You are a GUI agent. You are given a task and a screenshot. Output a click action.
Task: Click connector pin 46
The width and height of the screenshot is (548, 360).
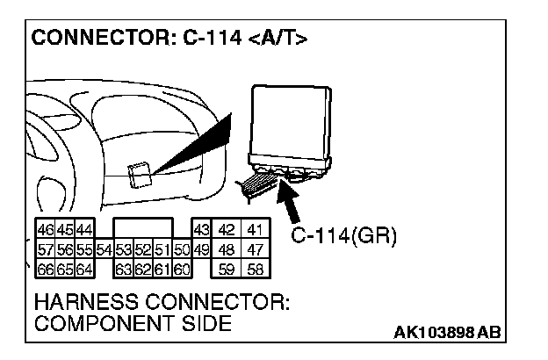[x=43, y=229]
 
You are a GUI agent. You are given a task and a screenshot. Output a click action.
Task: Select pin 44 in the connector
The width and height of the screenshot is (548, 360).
[x=85, y=229]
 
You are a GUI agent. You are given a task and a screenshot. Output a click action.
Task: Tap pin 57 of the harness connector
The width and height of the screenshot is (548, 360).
[x=43, y=249]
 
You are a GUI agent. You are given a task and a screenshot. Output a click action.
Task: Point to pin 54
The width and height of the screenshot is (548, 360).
[x=105, y=249]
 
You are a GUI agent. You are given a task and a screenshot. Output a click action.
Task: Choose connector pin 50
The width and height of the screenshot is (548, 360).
[x=182, y=249]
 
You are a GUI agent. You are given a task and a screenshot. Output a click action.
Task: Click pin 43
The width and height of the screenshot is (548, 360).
[x=201, y=229]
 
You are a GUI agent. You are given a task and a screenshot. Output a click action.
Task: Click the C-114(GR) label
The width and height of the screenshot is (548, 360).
[x=343, y=235]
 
